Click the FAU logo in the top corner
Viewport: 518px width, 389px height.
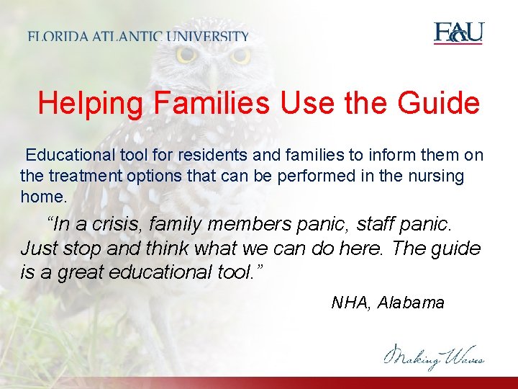coord(458,33)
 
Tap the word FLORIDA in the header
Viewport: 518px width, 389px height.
coord(57,37)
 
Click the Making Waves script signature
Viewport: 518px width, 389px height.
coord(433,355)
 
